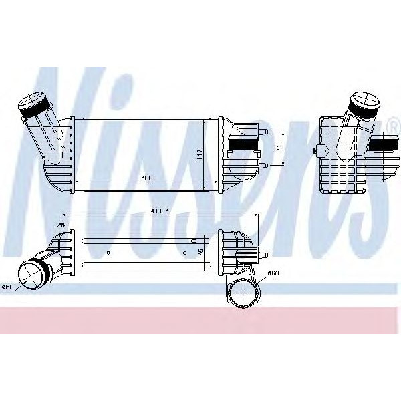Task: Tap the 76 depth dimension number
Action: [200, 253]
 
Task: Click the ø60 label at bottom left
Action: [8, 287]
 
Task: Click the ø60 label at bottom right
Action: [273, 273]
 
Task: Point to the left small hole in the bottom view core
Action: [108, 253]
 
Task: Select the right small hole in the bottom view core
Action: [186, 253]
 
